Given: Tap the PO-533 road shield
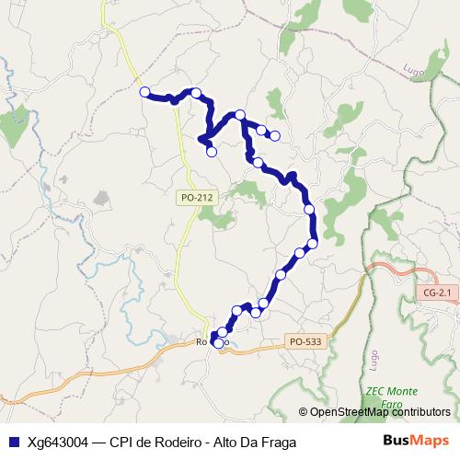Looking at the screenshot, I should (x=305, y=340).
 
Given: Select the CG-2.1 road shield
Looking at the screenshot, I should (x=438, y=293).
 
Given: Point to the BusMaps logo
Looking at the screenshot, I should (x=416, y=442).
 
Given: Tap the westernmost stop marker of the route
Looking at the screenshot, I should (x=144, y=91).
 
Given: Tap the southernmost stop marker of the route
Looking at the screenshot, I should (x=218, y=343).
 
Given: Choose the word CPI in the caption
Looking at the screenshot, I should (x=121, y=443).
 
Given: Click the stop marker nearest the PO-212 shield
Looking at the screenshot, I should (x=212, y=152).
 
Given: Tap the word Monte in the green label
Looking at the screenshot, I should (x=399, y=389).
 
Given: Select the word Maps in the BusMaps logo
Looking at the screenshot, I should (x=430, y=442).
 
